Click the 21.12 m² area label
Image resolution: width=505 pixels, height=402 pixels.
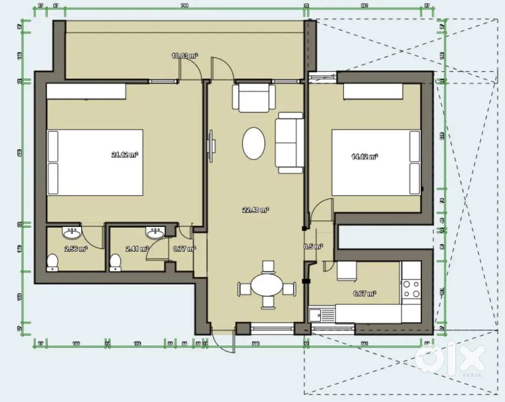click(125, 155)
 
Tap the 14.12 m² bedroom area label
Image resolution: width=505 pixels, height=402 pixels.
click(365, 157)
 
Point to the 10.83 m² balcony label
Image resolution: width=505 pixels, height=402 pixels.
click(184, 56)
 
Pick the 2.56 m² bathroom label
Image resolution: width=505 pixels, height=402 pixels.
click(76, 248)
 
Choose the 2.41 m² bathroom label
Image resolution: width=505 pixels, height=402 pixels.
click(136, 248)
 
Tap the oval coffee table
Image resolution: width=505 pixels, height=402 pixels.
click(254, 143)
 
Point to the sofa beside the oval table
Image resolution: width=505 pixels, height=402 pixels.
click(289, 143)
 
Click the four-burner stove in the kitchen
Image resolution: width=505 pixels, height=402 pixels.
click(411, 289)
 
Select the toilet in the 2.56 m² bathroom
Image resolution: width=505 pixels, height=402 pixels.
click(52, 262)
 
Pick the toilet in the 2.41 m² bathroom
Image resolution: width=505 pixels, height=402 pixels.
click(115, 262)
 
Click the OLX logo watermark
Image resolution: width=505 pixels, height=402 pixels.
click(449, 358)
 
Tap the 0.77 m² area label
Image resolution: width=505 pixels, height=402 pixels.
click(184, 248)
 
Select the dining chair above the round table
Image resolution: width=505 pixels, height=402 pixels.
click(268, 266)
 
